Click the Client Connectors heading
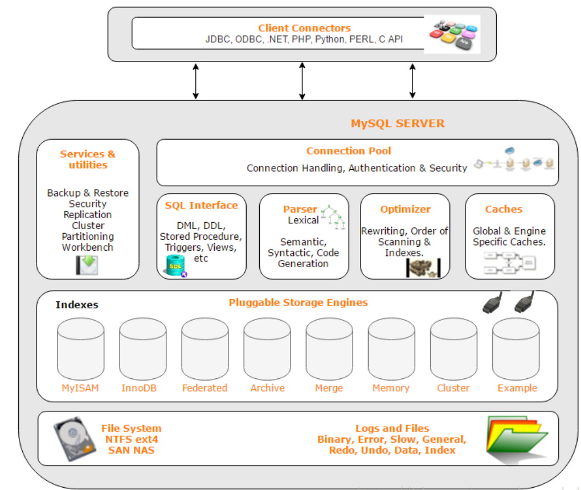[304, 28]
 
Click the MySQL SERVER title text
[398, 124]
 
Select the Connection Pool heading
[349, 151]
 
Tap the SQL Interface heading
[201, 205]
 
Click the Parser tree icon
[334, 217]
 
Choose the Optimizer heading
[405, 209]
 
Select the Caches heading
[504, 209]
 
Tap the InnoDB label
[139, 388]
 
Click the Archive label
[267, 388]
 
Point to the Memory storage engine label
[391, 388]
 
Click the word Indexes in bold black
[77, 305]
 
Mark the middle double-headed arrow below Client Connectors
[302, 81]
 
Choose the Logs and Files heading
[392, 428]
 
